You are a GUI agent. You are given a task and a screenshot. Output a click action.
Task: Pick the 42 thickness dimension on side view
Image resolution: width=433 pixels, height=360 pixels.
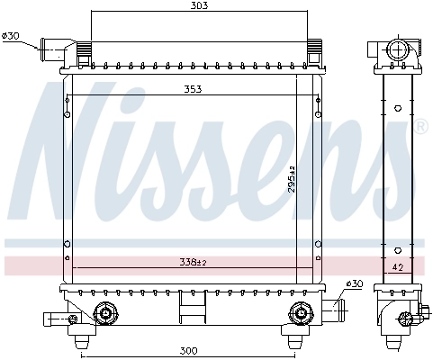[x=397, y=267]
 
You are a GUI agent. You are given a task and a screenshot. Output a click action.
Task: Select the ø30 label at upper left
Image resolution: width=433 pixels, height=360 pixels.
[x=12, y=36]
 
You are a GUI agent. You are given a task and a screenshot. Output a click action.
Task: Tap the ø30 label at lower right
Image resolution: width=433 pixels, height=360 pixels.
[x=355, y=283]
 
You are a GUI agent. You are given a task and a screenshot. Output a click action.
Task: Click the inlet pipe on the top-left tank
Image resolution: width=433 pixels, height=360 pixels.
[x=54, y=45]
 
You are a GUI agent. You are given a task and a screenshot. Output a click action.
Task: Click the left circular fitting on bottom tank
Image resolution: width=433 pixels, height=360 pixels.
[x=106, y=313]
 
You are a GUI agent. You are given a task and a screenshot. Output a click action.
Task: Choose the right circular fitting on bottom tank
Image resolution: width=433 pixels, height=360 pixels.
[x=299, y=313]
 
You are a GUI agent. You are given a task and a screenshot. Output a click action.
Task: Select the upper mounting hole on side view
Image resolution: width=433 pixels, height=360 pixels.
[x=397, y=105]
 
